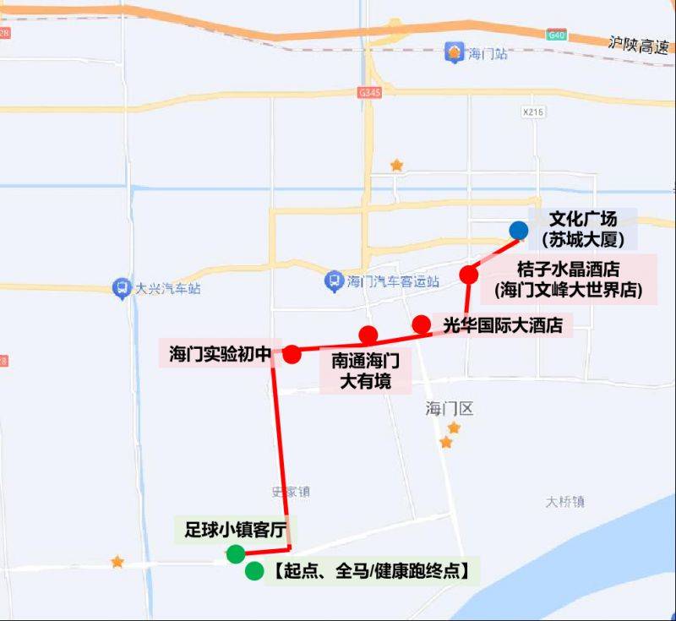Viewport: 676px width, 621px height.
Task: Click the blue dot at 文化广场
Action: pos(518,230)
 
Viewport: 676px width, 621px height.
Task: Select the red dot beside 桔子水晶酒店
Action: pos(469,275)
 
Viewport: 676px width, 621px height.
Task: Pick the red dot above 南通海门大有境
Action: pos(368,335)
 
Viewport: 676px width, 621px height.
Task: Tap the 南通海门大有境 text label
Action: pos(365,371)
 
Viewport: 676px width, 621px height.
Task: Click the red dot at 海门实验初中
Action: pos(292,354)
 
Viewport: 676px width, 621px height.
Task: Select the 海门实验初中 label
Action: pos(219,353)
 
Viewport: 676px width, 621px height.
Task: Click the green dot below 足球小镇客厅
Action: pos(236,554)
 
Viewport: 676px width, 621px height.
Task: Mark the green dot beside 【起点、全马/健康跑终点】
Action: pos(253,572)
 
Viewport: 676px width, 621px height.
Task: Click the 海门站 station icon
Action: pos(455,53)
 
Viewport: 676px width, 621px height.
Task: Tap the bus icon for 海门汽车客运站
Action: pos(335,281)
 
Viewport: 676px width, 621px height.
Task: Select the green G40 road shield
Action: pos(555,35)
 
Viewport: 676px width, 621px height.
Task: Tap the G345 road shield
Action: pos(368,92)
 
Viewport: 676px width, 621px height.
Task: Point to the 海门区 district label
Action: pos(450,409)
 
